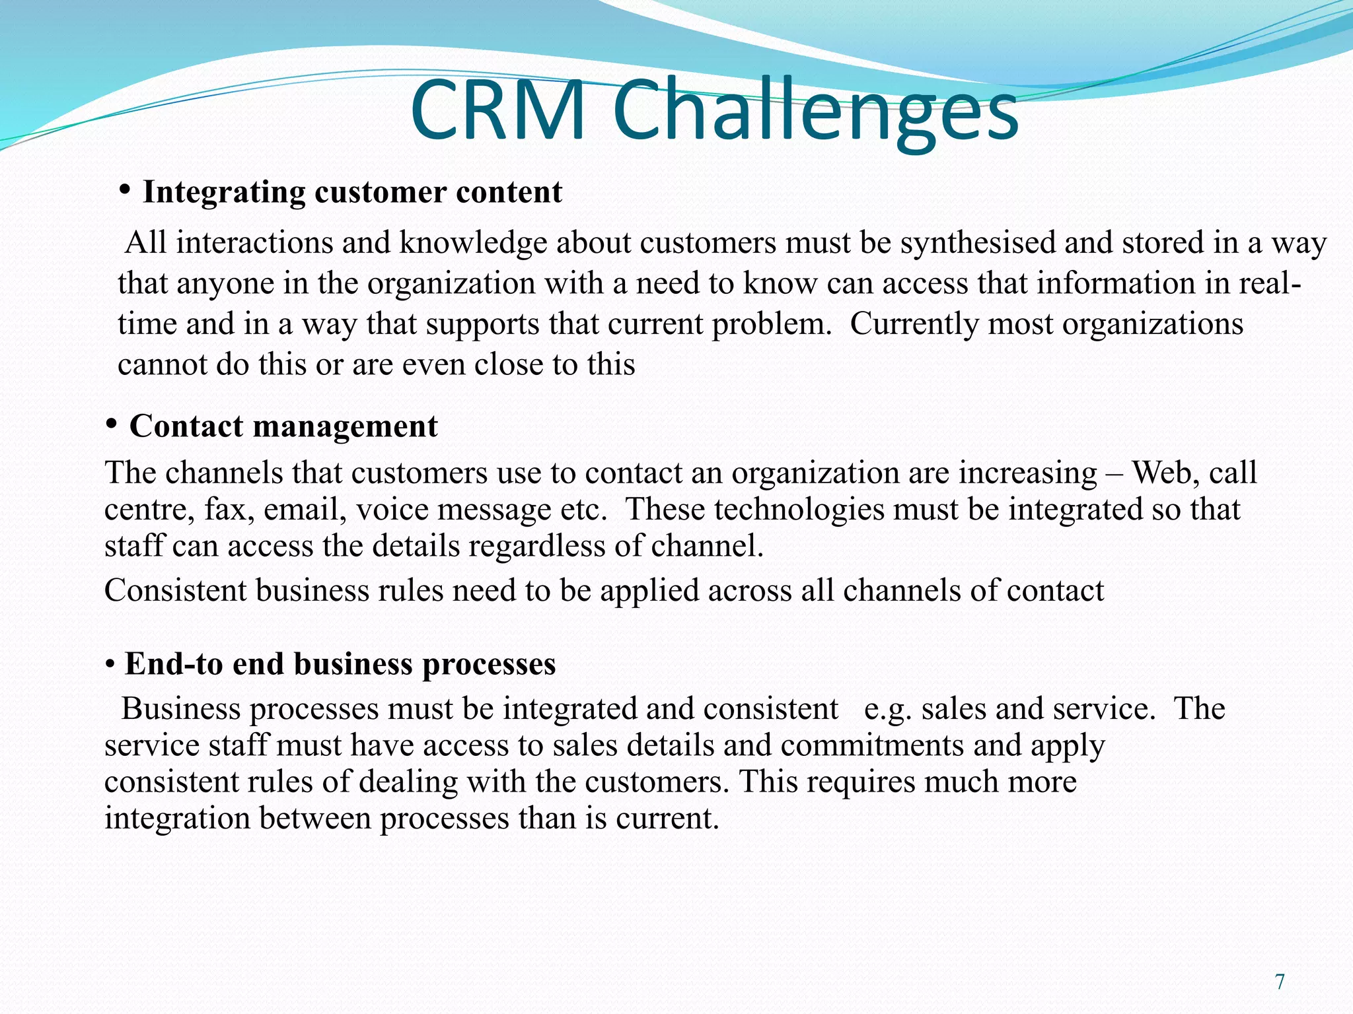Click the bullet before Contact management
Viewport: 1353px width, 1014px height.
point(112,422)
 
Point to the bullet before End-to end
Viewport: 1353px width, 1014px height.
point(110,663)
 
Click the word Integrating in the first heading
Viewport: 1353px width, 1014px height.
point(224,193)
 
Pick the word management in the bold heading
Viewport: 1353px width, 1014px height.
point(346,426)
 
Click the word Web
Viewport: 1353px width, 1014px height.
point(1161,473)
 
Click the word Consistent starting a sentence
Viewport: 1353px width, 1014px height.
point(175,590)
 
